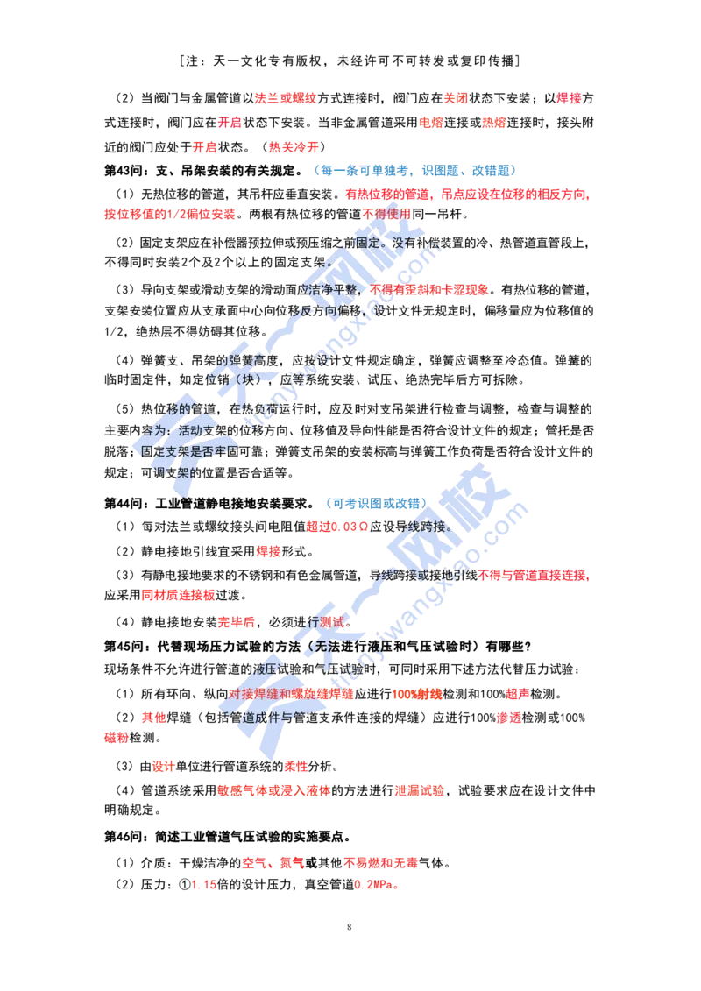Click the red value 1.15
204,885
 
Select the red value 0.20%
376,885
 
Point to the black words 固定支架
163,450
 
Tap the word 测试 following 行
332,621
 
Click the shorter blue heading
376,504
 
